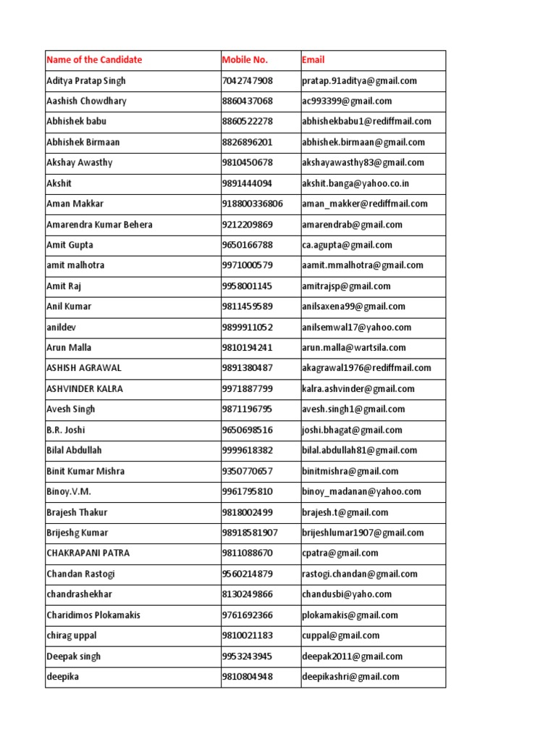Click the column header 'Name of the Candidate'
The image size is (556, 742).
94,60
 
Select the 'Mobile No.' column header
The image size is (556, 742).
245,60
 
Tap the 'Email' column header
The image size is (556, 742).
313,60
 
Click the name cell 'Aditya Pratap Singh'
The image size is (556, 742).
85,80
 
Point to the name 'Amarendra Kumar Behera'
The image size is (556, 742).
99,225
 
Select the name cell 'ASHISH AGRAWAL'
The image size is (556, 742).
84,368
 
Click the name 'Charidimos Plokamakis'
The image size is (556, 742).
93,615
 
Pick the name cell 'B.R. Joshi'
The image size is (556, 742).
66,430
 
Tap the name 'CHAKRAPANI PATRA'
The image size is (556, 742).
88,553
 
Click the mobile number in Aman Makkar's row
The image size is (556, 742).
253,204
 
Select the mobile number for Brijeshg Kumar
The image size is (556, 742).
250,533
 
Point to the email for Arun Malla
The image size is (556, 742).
354,348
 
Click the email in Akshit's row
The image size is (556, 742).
355,183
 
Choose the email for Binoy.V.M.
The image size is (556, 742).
361,491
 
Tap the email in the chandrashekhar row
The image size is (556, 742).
347,594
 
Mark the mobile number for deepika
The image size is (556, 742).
248,677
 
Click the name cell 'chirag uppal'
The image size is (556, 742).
72,635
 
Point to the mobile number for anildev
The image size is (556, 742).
248,327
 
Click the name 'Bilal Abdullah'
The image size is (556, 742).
75,450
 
